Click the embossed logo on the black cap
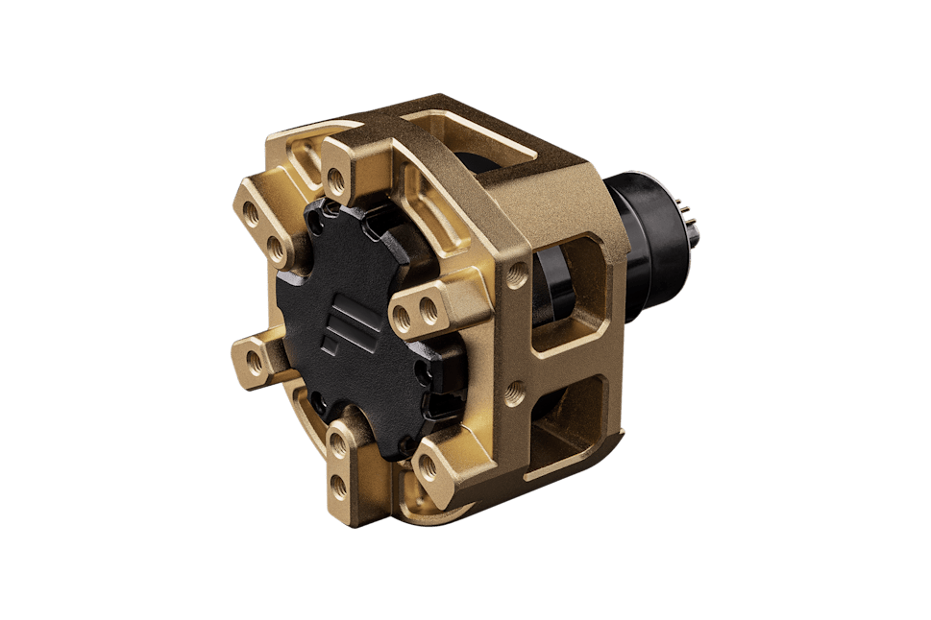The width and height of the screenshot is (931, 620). [x=342, y=326]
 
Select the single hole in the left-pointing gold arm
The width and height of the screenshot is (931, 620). [x=254, y=363]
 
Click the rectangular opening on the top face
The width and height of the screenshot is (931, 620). [x=480, y=144]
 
